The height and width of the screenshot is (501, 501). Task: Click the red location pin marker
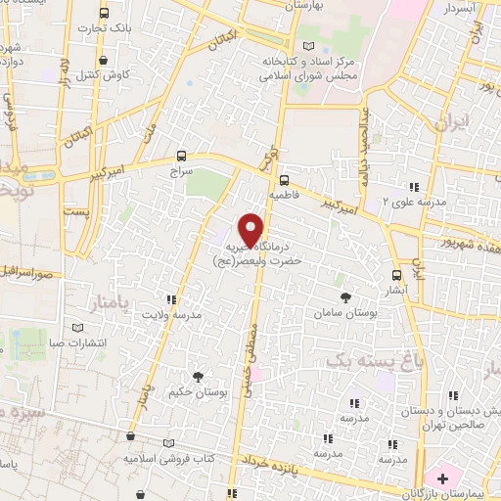click(252, 231)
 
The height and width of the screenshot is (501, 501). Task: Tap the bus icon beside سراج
click(181, 156)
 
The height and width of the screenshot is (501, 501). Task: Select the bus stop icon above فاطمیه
click(284, 180)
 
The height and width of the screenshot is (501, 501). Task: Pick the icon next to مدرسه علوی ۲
click(414, 186)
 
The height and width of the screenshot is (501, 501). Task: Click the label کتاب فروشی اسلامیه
click(163, 457)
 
